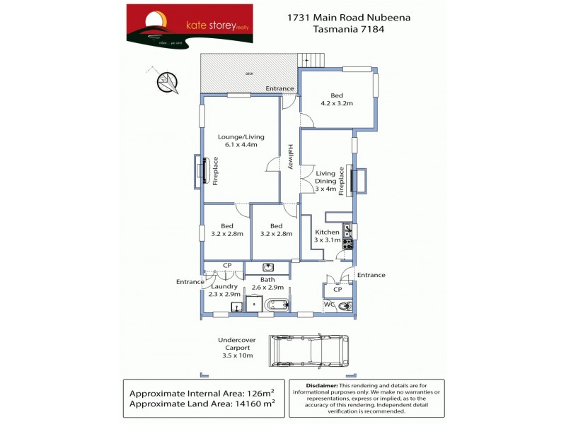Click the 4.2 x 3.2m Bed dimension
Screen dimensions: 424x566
[337, 103]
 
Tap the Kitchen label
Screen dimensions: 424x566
[327, 232]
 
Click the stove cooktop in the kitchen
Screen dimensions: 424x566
[347, 243]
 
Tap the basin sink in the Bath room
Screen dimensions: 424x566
[268, 267]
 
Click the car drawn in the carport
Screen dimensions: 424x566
[308, 349]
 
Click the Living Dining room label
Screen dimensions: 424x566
[325, 181]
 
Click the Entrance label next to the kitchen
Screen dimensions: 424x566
[371, 275]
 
